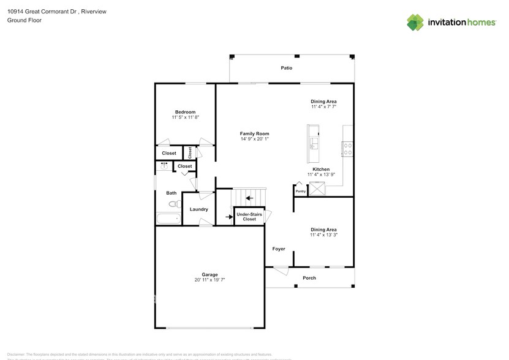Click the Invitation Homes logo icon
click(415, 22)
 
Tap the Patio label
click(286, 68)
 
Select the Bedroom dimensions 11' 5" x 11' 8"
click(185, 117)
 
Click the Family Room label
click(254, 133)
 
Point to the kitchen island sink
click(314, 143)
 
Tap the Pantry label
click(300, 192)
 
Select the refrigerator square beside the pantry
click(318, 189)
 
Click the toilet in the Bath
click(173, 204)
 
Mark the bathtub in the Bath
click(168, 219)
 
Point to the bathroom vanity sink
click(164, 165)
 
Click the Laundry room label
click(198, 209)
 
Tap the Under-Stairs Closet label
click(250, 216)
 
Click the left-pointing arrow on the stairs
click(249, 198)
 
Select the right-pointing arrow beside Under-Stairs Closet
click(228, 216)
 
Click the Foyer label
click(279, 249)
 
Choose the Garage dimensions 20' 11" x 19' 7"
click(210, 280)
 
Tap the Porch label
click(309, 278)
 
